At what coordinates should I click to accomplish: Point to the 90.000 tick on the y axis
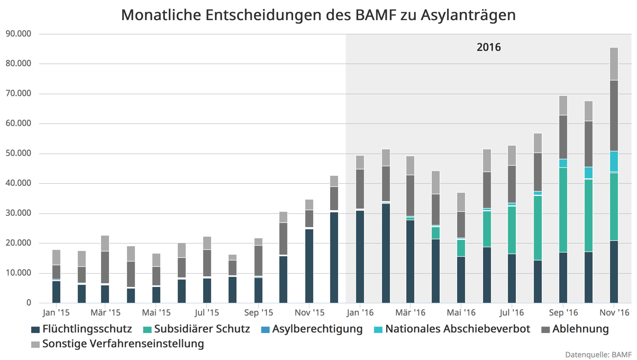coord(17,34)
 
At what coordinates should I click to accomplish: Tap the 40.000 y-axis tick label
coord(17,184)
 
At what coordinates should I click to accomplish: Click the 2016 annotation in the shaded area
coord(488,47)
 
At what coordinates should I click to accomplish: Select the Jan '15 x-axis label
coord(56,313)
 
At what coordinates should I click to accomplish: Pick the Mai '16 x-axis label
coord(461,313)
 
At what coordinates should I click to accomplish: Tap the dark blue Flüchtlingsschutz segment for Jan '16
coord(360,257)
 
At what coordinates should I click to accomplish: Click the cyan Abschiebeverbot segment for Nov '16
coord(614,161)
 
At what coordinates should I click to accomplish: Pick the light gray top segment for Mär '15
coord(105,243)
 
